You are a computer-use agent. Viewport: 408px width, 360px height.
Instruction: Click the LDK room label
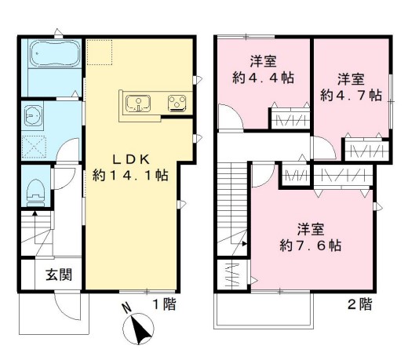(x=129, y=156)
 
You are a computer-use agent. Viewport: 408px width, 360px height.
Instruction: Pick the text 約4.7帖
(x=351, y=95)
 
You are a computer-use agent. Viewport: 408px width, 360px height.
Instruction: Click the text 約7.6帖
(x=308, y=245)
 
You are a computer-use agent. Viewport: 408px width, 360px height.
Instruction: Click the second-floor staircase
(x=233, y=200)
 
